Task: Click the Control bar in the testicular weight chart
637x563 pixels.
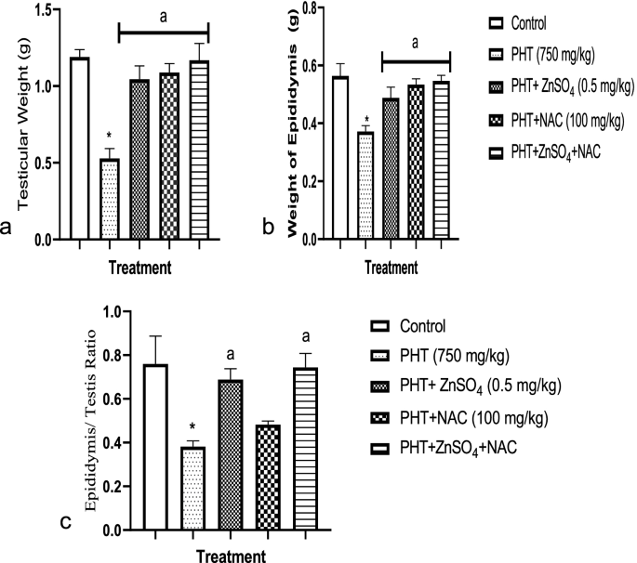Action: [80, 149]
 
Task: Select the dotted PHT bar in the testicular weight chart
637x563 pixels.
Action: [110, 199]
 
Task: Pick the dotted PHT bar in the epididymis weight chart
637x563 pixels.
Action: [366, 186]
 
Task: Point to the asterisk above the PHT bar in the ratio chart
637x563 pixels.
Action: [192, 429]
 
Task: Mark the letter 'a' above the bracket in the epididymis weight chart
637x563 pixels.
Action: [416, 43]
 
